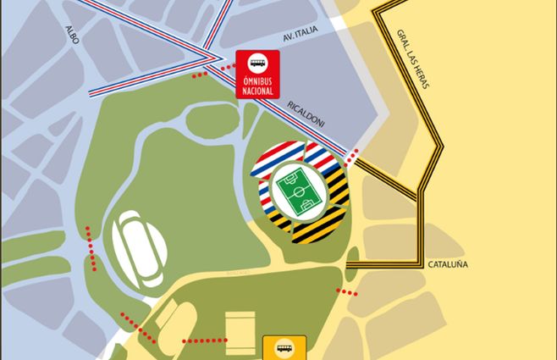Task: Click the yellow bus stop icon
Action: tap(284, 348)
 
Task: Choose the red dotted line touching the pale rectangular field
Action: tap(203, 341)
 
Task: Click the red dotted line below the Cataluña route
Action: tap(347, 292)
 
